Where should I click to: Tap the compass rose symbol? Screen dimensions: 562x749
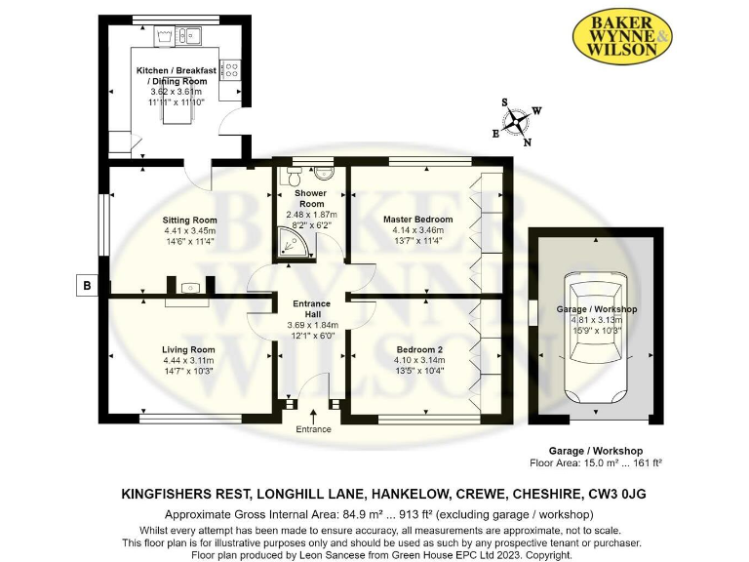coord(519,121)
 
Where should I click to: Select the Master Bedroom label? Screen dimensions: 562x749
coord(419,220)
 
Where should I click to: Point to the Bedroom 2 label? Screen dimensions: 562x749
coord(419,349)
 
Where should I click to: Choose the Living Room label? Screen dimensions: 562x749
coord(189,349)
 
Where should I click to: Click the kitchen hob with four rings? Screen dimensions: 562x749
coord(230,69)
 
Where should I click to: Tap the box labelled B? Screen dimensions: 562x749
coord(88,286)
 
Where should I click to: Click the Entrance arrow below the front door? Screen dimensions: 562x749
coord(313,418)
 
